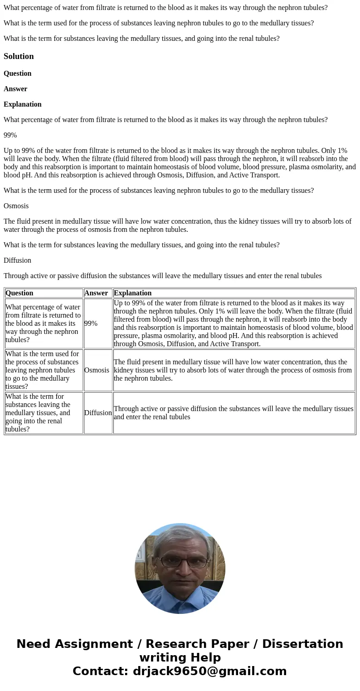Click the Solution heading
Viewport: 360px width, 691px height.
(19, 56)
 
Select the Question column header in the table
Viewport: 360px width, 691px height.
(19, 293)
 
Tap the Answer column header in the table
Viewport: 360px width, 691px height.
(96, 293)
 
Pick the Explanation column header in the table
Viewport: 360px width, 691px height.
(133, 293)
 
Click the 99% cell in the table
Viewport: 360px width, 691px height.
(91, 323)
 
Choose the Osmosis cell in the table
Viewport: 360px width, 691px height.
(97, 370)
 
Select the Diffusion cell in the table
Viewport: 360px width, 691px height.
(98, 413)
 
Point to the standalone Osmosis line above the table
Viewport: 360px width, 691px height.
(16, 206)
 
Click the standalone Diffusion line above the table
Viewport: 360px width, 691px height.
(17, 260)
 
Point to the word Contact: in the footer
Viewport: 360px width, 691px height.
(100, 671)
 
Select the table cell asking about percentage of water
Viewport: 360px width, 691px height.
(44, 323)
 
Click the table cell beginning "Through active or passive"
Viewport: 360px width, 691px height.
(234, 413)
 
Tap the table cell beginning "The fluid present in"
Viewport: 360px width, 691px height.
(234, 370)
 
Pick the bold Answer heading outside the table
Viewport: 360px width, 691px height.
(15, 89)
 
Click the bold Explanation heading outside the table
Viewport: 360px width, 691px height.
(23, 104)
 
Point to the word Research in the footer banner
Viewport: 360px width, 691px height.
(177, 644)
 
